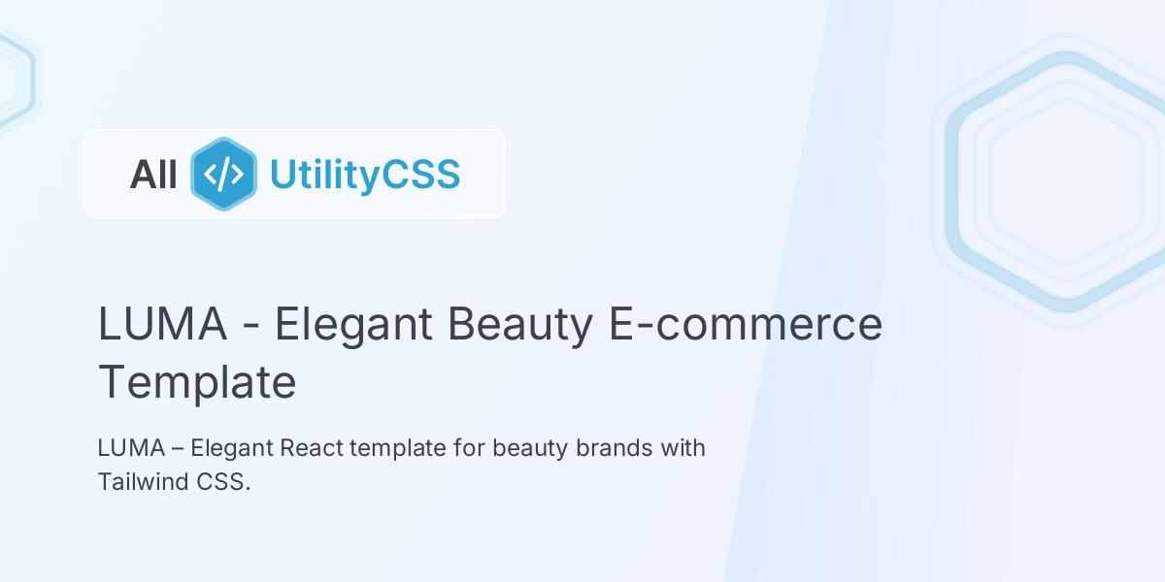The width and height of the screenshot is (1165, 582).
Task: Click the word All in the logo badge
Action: tap(153, 175)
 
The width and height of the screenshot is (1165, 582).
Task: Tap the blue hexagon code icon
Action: tap(224, 175)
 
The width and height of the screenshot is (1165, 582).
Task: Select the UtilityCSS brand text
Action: tap(364, 175)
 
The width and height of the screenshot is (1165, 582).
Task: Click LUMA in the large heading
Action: tap(162, 324)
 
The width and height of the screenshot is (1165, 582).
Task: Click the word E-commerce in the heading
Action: tap(746, 324)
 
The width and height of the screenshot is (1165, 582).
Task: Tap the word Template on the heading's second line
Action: tap(197, 382)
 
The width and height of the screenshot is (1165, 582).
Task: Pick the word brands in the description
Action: tap(616, 449)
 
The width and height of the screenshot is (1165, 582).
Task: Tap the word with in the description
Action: tap(684, 449)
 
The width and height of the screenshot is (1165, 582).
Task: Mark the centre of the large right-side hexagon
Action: tap(1066, 181)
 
